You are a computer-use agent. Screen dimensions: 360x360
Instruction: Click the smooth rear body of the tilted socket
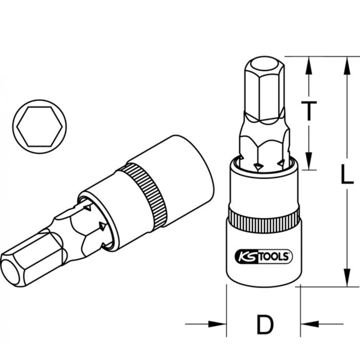[187, 169]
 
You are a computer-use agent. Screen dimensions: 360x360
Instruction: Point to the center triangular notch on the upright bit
[258, 165]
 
